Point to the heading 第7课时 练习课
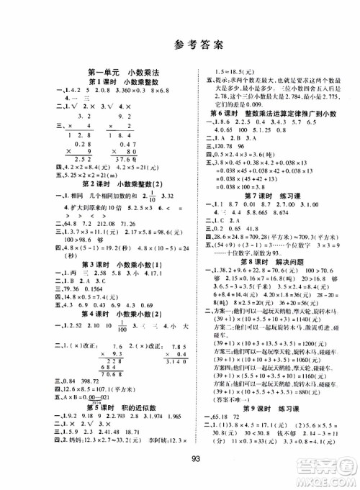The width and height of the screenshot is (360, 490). tap(266, 173)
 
